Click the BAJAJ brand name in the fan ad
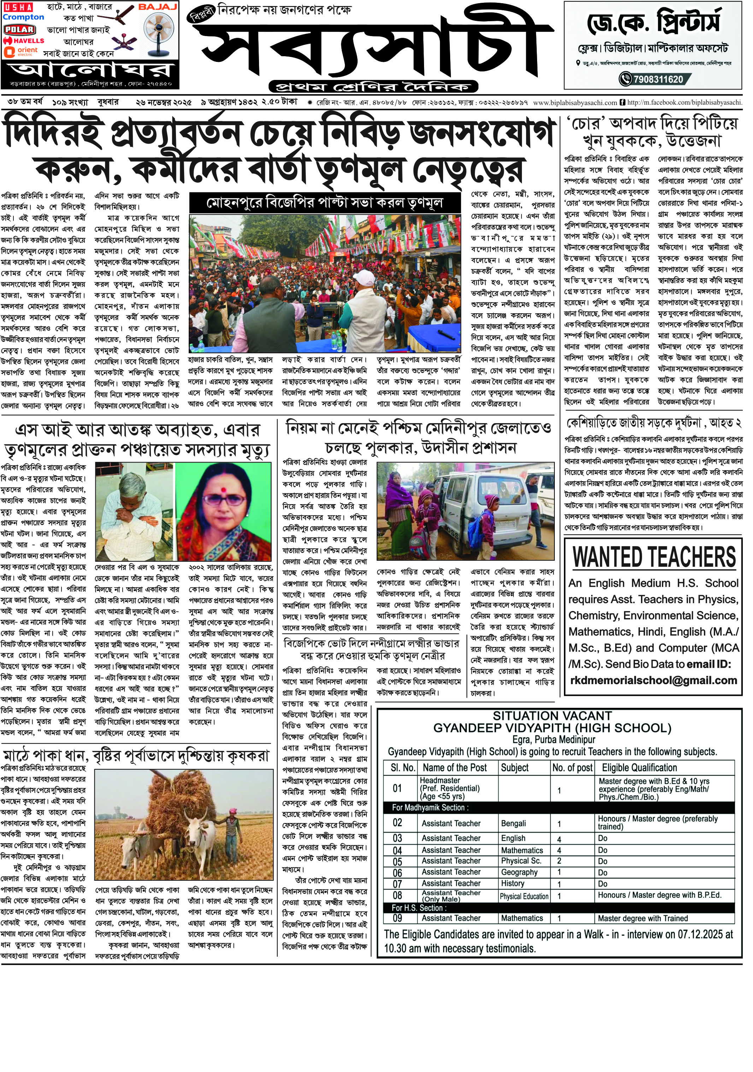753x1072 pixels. pos(158,7)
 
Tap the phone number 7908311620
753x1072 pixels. pos(658,79)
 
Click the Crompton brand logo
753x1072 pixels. pos(23,17)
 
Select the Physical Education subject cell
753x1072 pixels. pos(523,896)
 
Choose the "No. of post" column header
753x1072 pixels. pos(572,768)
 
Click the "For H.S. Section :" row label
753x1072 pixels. pos(419,908)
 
